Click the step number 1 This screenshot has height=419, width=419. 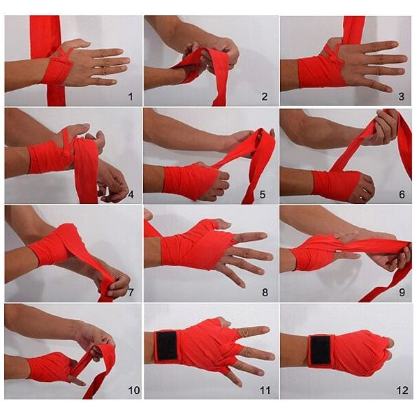tap(131, 97)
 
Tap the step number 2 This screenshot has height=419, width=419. tap(265, 97)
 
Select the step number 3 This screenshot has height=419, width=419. tap(401, 97)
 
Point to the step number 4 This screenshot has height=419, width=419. tap(131, 195)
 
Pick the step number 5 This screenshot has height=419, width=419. tap(263, 195)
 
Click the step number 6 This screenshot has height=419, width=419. tap(402, 195)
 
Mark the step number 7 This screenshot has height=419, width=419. tap(131, 293)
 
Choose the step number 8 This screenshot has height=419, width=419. tap(265, 293)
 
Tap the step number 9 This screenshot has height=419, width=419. tap(402, 293)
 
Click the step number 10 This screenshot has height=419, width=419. tap(134, 390)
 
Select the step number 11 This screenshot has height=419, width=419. tap(265, 390)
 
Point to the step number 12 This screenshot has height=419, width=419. tap(402, 390)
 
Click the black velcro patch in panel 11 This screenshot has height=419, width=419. tap(166, 346)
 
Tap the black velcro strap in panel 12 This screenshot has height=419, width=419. tap(320, 350)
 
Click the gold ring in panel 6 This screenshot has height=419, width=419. tap(361, 198)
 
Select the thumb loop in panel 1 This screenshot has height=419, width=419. tap(64, 53)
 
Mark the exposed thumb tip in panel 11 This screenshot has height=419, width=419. tap(224, 323)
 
